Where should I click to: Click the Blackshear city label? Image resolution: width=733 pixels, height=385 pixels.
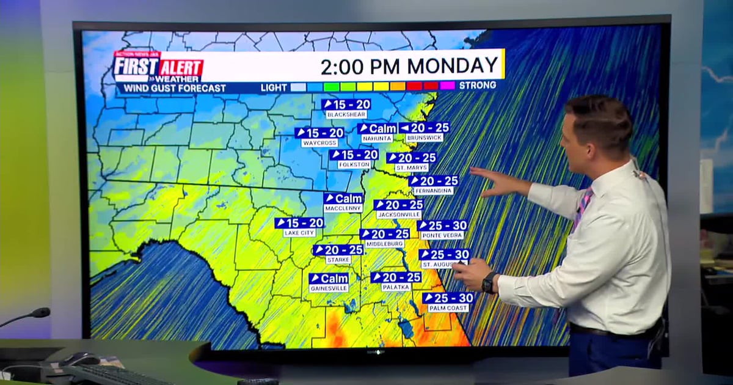point(346,115)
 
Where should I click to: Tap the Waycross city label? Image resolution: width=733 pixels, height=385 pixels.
point(319,143)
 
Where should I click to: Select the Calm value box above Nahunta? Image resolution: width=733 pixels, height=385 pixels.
point(377,128)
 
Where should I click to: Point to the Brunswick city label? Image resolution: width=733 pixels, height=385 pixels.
point(424,139)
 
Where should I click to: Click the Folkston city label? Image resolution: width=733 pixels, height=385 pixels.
point(354,165)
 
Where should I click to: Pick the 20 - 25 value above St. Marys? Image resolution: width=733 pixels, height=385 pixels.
point(411,158)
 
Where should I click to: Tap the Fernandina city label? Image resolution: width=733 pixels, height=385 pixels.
point(433,191)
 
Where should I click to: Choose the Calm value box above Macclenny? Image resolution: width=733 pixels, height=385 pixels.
point(343,199)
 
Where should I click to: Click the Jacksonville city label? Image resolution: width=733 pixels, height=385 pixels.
point(399,215)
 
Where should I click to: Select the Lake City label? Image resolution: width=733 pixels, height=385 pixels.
point(299,233)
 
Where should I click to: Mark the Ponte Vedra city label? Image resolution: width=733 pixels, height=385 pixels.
point(442,235)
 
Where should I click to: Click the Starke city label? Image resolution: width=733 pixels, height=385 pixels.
point(338,260)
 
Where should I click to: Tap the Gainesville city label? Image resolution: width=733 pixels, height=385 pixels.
point(329,288)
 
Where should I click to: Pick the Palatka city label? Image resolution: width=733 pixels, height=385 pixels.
point(396,287)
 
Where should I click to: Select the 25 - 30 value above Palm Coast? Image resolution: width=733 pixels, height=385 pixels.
point(448,298)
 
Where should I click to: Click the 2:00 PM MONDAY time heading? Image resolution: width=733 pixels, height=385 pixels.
point(409,65)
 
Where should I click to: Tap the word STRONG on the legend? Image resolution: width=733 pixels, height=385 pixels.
point(478,86)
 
